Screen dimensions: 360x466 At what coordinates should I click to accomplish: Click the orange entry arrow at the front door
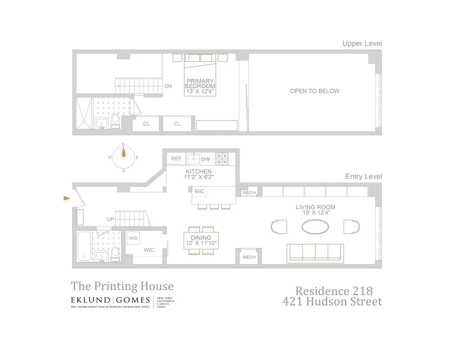tap(67, 198)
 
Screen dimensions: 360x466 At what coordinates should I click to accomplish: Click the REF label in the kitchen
tap(176, 159)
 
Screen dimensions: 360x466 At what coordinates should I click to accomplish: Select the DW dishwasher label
tap(205, 159)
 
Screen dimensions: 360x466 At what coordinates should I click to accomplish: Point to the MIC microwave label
tap(200, 191)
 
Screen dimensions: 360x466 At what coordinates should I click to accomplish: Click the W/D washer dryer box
tap(134, 238)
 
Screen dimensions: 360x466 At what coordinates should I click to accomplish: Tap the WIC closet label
tap(148, 250)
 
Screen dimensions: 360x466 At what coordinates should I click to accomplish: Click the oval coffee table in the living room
tap(315, 227)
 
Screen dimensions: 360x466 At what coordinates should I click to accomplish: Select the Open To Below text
tap(315, 91)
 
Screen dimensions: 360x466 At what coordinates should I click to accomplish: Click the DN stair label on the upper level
tap(168, 86)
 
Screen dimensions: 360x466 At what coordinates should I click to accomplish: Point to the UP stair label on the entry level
tap(111, 219)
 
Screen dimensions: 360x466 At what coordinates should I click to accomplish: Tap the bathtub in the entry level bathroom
tap(84, 246)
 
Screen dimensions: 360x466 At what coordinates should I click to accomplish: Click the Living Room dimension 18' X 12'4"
tap(315, 213)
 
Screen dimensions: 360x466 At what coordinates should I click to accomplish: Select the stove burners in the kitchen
tap(222, 158)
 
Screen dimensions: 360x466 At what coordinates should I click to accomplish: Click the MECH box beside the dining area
tap(249, 257)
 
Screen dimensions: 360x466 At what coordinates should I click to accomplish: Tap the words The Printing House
tap(122, 286)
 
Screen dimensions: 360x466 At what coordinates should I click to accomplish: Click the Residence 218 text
tap(334, 290)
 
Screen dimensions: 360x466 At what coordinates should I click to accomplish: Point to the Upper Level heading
tap(362, 43)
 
